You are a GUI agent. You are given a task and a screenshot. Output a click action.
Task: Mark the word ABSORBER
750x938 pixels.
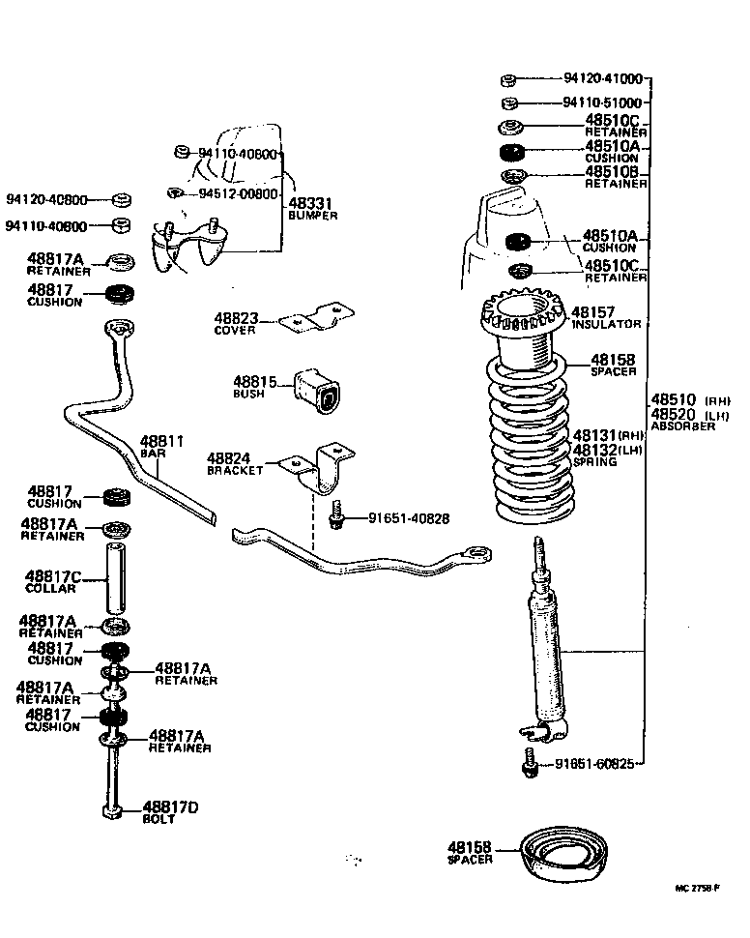click(683, 425)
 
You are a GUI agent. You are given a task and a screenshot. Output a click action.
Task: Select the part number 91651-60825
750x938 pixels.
click(595, 764)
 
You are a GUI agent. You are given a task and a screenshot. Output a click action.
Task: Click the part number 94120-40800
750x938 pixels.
click(46, 201)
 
